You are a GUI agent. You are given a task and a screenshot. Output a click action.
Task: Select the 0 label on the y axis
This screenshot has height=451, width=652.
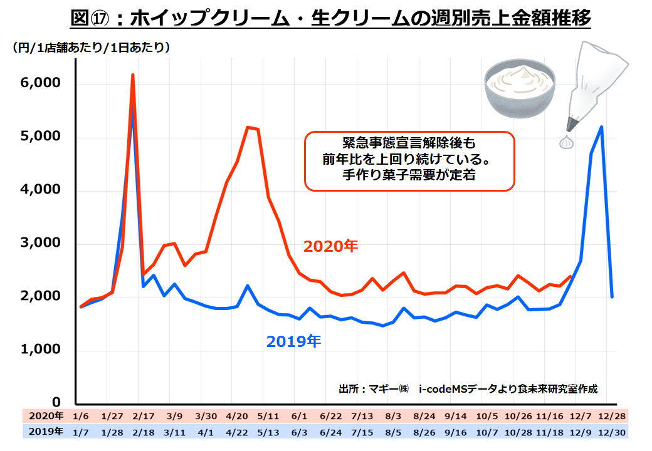click(x=56, y=402)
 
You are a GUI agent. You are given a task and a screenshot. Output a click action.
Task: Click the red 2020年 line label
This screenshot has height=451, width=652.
click(x=330, y=247)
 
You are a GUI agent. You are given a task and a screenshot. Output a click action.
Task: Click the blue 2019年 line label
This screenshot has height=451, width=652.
click(x=293, y=341)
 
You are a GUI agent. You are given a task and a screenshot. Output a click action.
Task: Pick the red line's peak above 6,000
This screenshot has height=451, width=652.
click(x=133, y=76)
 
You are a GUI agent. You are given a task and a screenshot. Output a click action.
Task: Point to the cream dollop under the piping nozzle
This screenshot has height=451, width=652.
click(x=567, y=143)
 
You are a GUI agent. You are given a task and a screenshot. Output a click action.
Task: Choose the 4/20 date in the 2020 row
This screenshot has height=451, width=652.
click(x=236, y=416)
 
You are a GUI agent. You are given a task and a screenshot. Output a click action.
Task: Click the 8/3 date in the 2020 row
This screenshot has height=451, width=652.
click(x=394, y=416)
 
